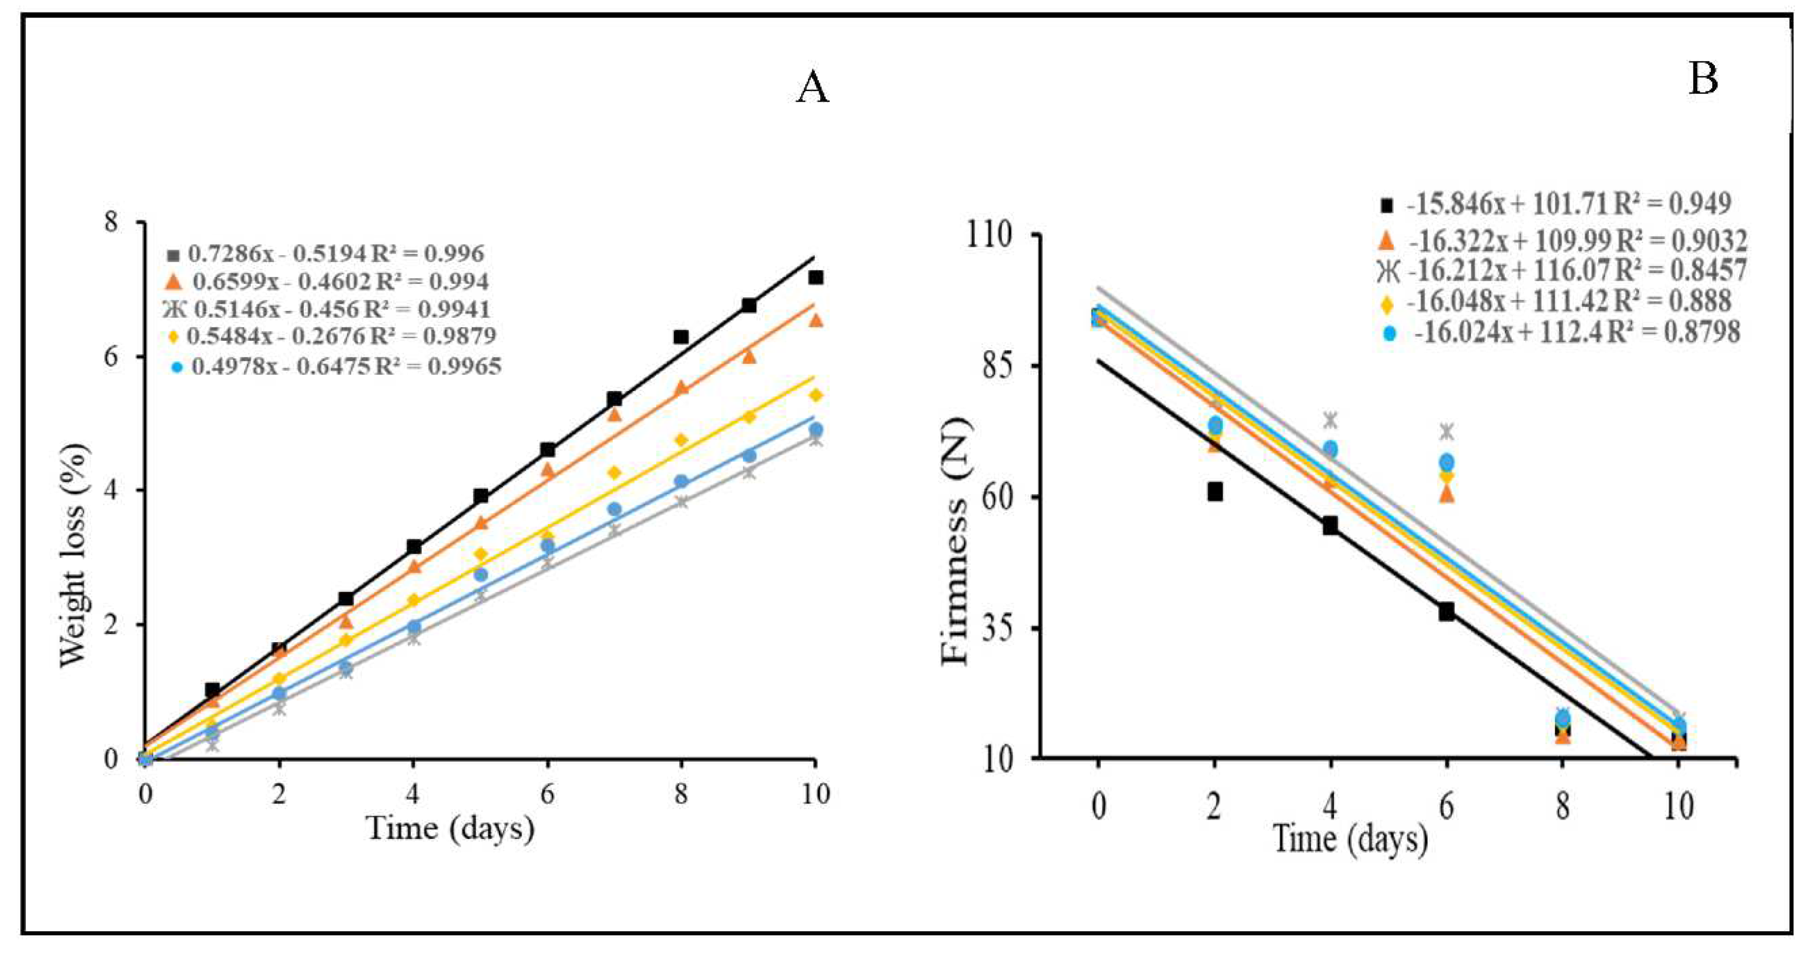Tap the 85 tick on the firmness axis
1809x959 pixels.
pos(996,366)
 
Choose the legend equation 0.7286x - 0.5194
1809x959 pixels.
pos(336,254)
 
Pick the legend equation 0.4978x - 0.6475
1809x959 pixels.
pos(346,366)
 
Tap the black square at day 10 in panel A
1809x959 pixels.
pos(815,277)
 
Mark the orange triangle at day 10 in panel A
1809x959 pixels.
pos(815,320)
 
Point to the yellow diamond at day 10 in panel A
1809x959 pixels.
pos(815,396)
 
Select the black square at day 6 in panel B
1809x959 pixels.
pos(1446,611)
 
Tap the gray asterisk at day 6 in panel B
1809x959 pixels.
pos(1446,430)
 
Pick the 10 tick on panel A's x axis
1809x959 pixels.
pos(815,794)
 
